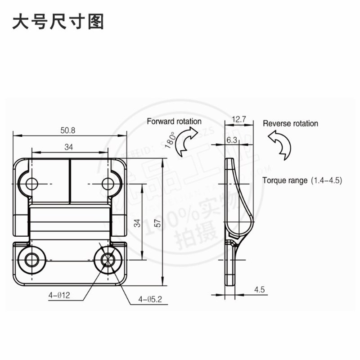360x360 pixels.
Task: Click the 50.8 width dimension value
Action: [x=68, y=130]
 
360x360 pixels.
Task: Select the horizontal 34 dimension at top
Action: [x=69, y=147]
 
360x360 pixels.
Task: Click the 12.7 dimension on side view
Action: [x=238, y=120]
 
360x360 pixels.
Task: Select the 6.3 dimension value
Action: [x=232, y=140]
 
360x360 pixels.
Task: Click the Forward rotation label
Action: [x=174, y=121]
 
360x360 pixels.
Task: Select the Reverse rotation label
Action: [x=290, y=123]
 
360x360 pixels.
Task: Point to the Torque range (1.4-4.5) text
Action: [x=302, y=180]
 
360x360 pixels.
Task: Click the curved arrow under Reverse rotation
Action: [x=280, y=145]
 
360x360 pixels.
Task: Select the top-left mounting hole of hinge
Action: [x=31, y=184]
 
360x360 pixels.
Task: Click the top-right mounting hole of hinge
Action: [x=108, y=184]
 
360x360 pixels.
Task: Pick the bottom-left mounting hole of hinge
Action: [x=31, y=260]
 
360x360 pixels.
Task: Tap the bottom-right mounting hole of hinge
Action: [x=108, y=260]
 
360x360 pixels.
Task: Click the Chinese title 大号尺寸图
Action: [x=58, y=21]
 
